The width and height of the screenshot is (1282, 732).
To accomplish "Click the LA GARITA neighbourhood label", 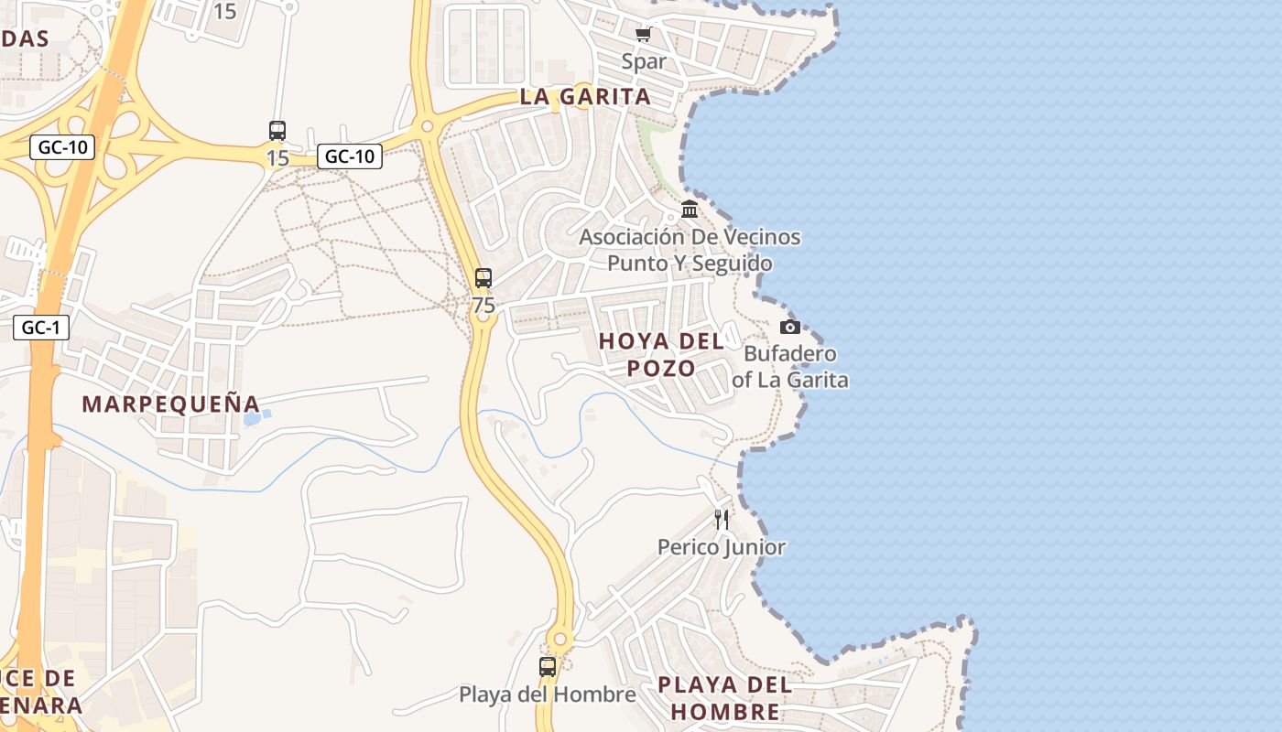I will [x=585, y=96].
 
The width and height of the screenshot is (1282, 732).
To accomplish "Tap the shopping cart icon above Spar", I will [x=643, y=35].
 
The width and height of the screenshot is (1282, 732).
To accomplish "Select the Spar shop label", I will [x=644, y=61].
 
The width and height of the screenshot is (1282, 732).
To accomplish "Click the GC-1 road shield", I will [x=41, y=328].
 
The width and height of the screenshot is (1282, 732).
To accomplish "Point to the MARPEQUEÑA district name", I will [x=171, y=404].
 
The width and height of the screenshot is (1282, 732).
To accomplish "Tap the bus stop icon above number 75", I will [x=483, y=278].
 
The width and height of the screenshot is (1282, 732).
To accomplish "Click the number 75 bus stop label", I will [x=483, y=305].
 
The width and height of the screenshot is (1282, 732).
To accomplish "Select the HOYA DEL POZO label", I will [x=661, y=354].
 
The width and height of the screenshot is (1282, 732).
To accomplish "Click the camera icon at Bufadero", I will [x=789, y=327].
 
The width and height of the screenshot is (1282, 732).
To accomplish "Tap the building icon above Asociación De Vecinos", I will [x=690, y=210].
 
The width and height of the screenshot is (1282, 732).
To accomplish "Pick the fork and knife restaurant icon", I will [x=722, y=520].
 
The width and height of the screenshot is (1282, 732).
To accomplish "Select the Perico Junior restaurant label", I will [x=722, y=547].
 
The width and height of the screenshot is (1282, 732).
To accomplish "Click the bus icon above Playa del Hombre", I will [x=548, y=667].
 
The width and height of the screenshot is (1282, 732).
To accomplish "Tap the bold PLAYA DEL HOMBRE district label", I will [x=724, y=697].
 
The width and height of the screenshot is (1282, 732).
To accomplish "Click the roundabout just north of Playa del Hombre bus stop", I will [x=560, y=639].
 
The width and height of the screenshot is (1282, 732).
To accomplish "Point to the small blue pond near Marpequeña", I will [x=254, y=418].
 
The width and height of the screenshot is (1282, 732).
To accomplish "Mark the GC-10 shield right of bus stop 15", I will [x=350, y=156].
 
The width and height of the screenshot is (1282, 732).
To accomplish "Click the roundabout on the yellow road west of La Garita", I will [x=427, y=126].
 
